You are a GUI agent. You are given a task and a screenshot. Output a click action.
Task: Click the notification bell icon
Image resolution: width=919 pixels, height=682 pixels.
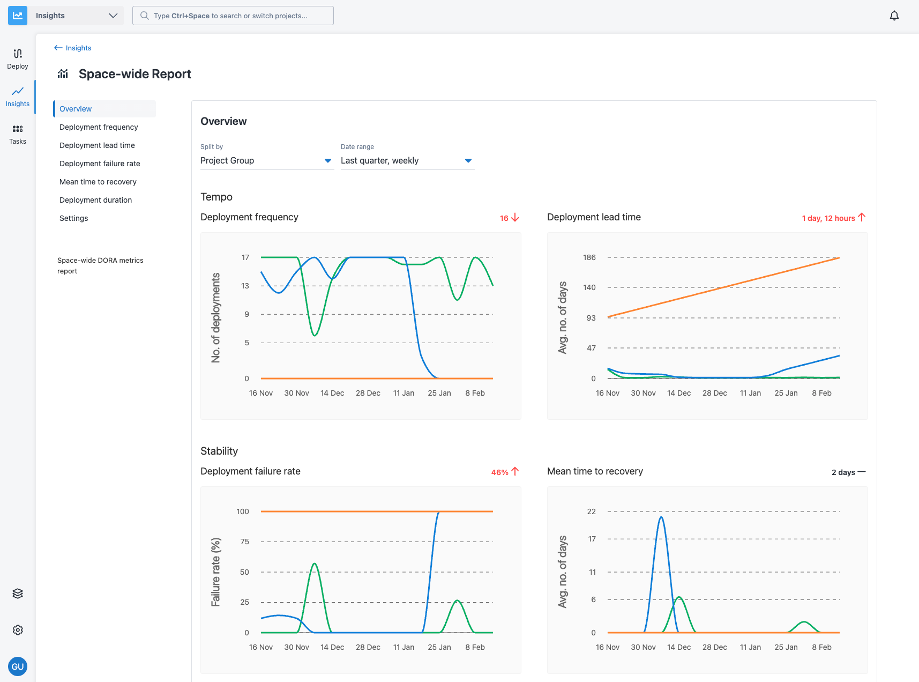point(894,16)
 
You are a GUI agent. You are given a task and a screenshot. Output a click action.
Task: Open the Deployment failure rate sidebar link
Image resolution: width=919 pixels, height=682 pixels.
point(100,164)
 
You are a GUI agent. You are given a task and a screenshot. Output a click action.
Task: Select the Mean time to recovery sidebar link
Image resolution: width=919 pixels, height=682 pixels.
point(98,182)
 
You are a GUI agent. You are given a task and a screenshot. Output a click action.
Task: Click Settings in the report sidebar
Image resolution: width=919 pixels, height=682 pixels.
point(74,218)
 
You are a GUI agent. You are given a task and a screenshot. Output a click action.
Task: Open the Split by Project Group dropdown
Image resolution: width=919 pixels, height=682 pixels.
point(266,161)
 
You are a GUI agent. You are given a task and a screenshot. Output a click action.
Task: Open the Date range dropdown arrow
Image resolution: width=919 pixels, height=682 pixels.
point(468,161)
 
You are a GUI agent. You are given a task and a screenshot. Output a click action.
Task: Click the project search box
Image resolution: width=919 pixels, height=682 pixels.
point(233,16)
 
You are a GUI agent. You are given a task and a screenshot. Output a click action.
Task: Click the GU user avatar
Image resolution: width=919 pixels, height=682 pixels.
point(18,666)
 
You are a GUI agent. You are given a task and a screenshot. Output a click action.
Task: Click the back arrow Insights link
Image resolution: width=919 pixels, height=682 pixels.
point(73,48)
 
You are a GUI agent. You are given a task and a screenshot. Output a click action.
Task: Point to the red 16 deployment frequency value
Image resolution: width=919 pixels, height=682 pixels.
point(504,218)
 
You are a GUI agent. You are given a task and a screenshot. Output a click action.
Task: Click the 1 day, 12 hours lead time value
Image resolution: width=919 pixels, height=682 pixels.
point(828,218)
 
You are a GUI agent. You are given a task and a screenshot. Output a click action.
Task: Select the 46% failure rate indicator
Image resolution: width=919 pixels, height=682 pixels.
point(500,472)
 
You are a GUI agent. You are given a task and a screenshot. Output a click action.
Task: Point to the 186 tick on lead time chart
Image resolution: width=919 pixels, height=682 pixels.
point(589,257)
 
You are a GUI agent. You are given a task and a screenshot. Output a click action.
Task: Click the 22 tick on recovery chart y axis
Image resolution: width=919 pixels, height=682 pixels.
point(591,512)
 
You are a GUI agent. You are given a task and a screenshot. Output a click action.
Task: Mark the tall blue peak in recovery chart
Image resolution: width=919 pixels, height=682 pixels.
point(661,518)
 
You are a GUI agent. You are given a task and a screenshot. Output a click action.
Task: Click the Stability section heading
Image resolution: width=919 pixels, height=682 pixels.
point(219,451)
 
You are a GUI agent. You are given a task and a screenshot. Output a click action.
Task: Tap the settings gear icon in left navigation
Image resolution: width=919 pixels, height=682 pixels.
point(18,630)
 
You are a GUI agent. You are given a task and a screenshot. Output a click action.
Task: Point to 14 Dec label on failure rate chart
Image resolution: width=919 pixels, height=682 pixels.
point(332,647)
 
